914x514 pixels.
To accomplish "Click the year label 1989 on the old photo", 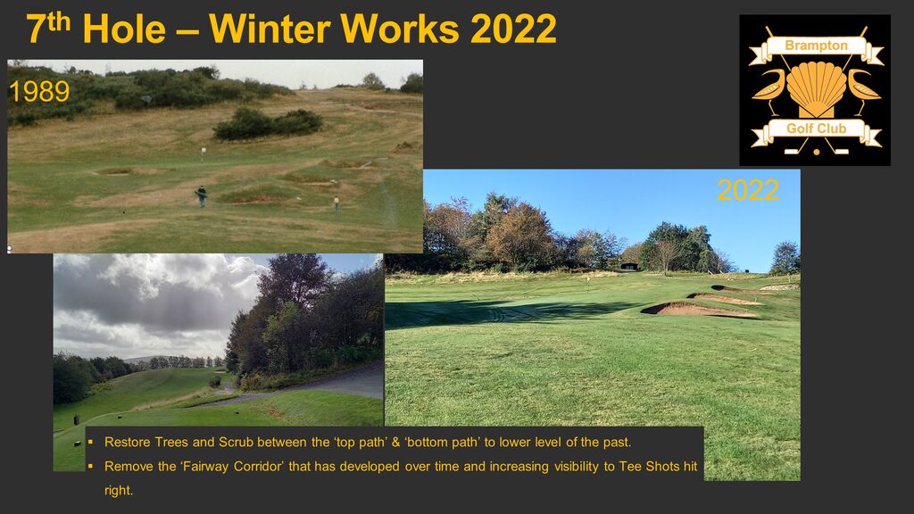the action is click(x=39, y=92).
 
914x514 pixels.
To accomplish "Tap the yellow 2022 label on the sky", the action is click(x=748, y=190).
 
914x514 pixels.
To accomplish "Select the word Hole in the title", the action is click(x=124, y=29).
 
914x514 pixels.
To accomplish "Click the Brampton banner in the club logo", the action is click(x=816, y=46).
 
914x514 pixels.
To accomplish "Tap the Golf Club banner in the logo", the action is click(x=816, y=128).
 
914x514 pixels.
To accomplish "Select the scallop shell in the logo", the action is click(x=816, y=87).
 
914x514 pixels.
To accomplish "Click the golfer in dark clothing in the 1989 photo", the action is click(x=202, y=196).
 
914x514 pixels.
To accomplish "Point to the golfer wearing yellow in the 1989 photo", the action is click(x=337, y=203).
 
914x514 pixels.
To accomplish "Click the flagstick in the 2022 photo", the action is click(x=588, y=282).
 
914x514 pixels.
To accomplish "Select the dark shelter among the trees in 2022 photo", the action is click(x=629, y=266).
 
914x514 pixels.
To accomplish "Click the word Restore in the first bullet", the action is click(x=127, y=443).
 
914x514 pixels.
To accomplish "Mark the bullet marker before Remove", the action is click(x=90, y=466).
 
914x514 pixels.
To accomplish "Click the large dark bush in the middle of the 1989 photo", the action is click(x=268, y=123).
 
